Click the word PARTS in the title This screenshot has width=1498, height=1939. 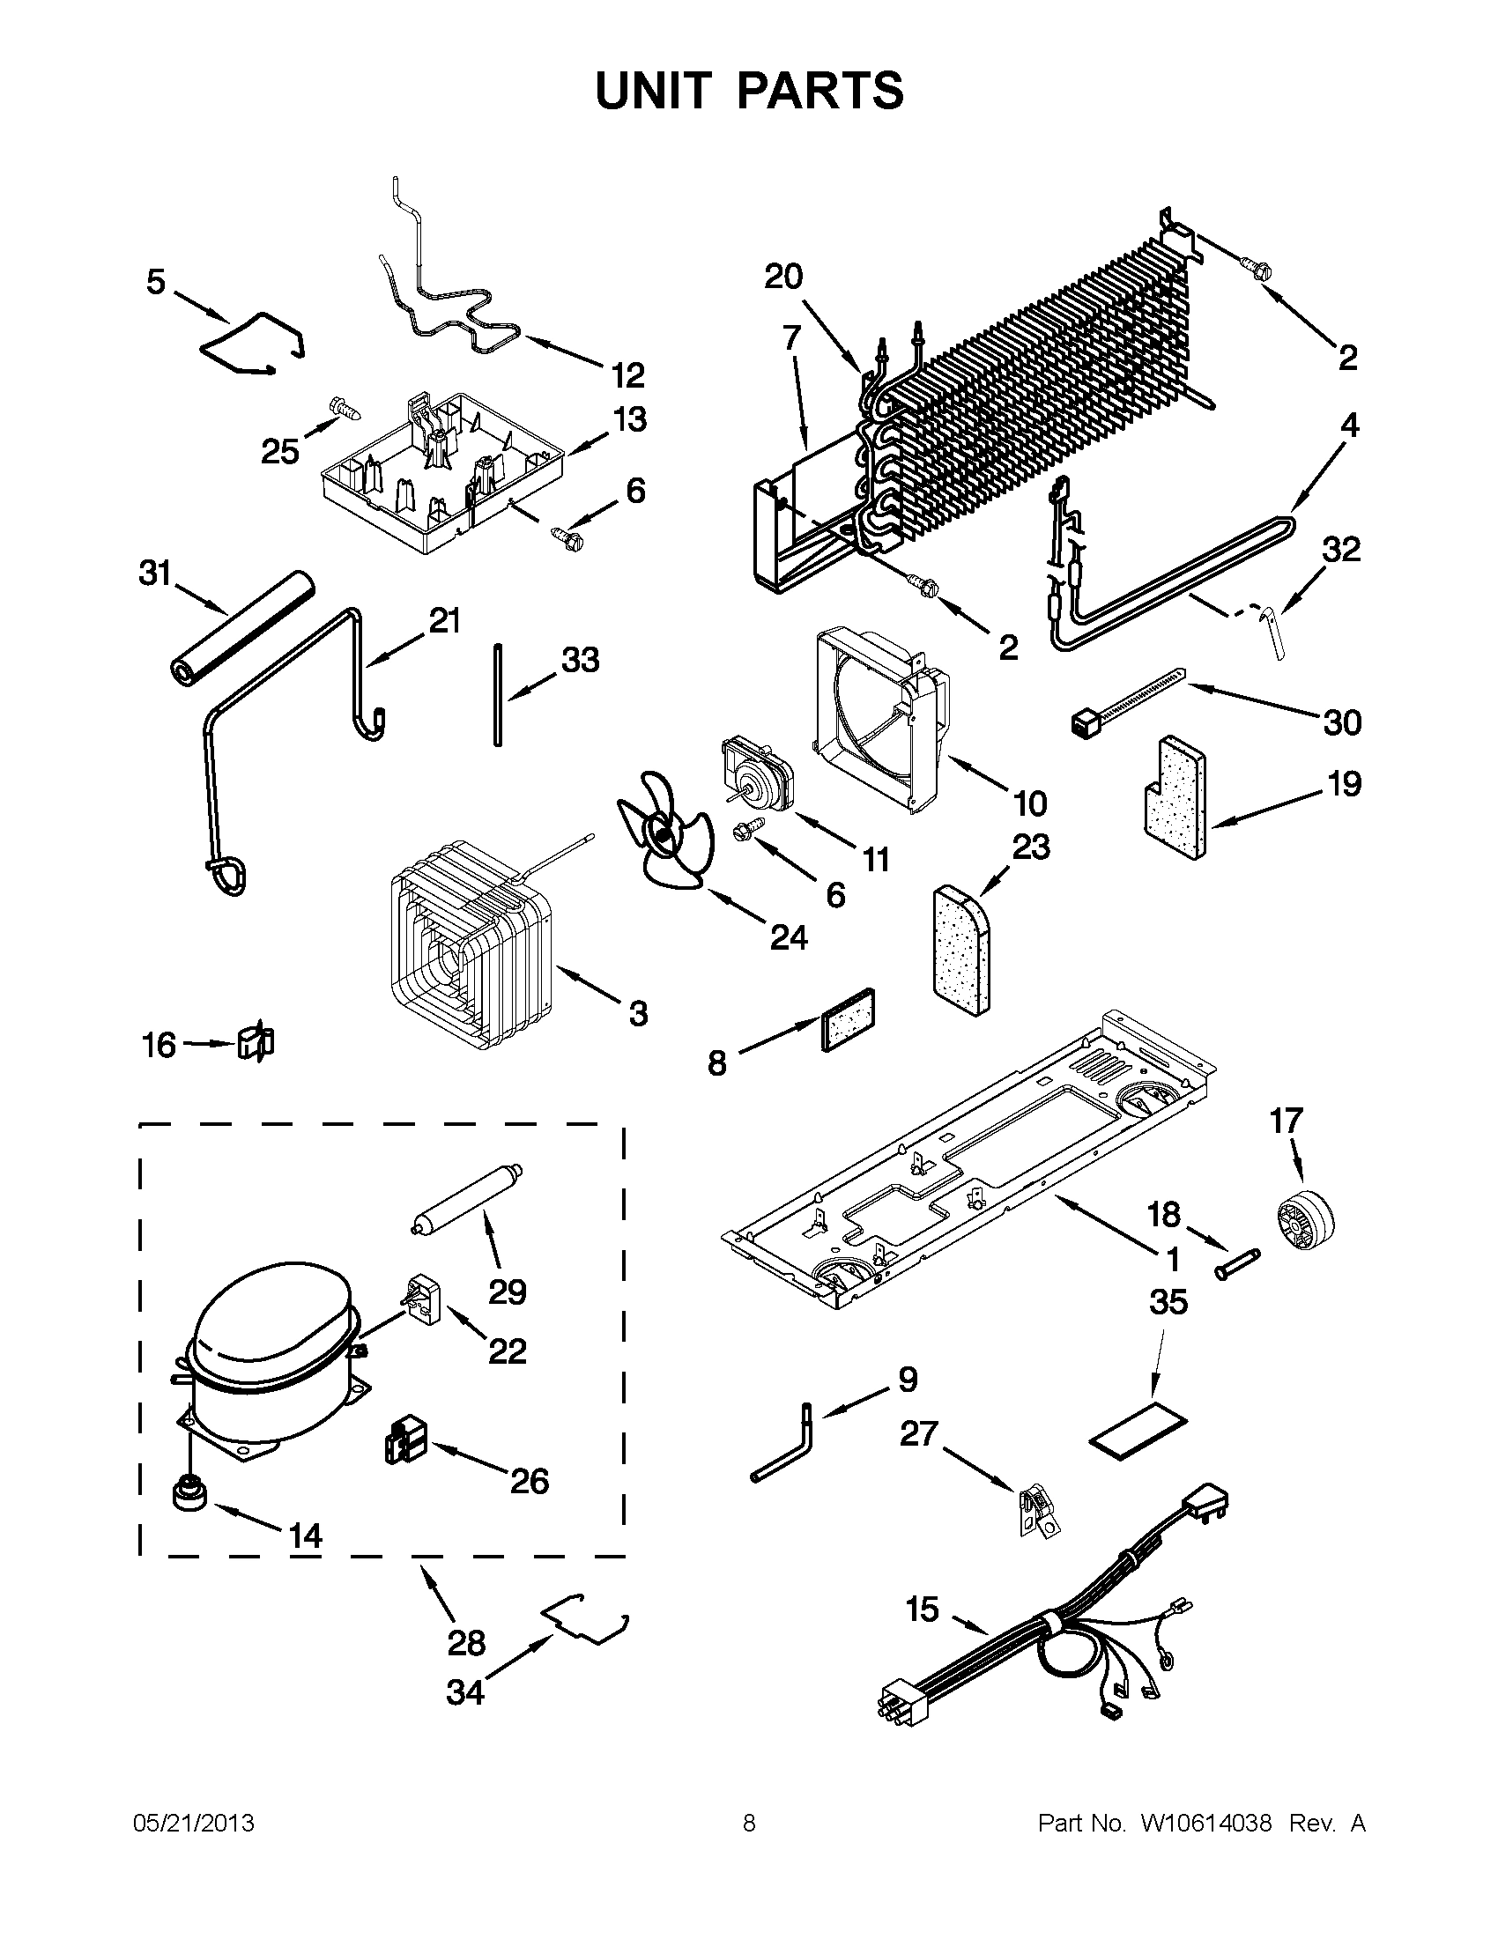point(819,91)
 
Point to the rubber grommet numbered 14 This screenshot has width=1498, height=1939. point(189,1492)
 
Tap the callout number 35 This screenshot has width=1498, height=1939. point(1168,1302)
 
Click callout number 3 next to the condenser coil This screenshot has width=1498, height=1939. point(638,1013)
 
